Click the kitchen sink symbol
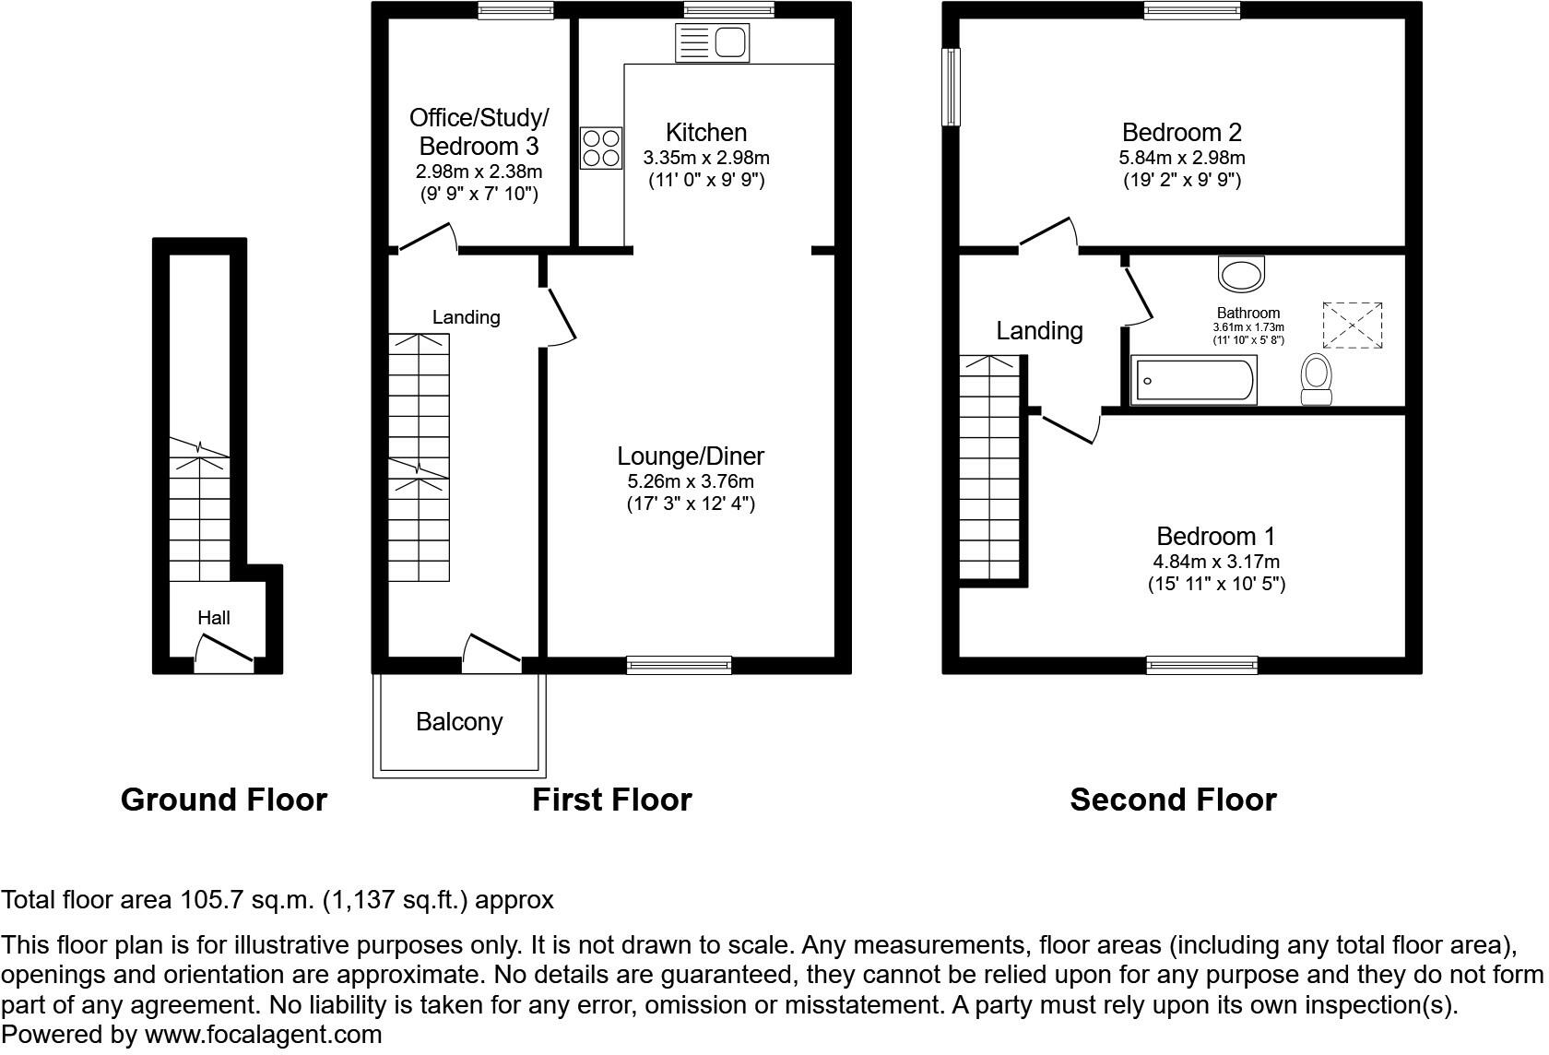tap(712, 43)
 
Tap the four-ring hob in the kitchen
tap(601, 148)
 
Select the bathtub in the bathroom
tap(1193, 380)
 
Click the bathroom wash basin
tap(1241, 274)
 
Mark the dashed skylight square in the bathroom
tap(1352, 326)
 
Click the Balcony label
tap(459, 721)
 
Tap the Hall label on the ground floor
tap(214, 618)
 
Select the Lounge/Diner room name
tap(690, 456)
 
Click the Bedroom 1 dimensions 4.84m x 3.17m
tap(1215, 562)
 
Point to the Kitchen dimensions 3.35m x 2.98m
tap(706, 158)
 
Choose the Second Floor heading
tap(1173, 800)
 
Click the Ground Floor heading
tap(223, 800)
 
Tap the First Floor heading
tap(612, 800)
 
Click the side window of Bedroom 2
tap(952, 87)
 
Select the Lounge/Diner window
tap(679, 665)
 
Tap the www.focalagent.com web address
tap(263, 1035)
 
